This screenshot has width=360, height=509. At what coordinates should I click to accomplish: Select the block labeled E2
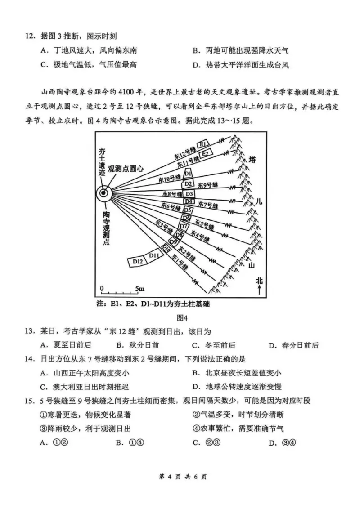click(206, 153)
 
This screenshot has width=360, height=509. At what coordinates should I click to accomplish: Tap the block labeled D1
click(189, 173)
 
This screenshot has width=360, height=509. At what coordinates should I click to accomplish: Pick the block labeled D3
click(189, 193)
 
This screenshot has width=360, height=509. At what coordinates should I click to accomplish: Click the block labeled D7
click(184, 226)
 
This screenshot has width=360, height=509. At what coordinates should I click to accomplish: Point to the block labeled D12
click(138, 261)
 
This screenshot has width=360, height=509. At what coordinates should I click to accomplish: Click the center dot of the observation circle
click(104, 193)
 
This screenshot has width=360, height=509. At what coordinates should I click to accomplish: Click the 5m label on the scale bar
click(139, 287)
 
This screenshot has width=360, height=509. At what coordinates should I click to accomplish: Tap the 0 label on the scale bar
click(102, 287)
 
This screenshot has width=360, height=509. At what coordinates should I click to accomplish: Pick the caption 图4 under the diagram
click(182, 318)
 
